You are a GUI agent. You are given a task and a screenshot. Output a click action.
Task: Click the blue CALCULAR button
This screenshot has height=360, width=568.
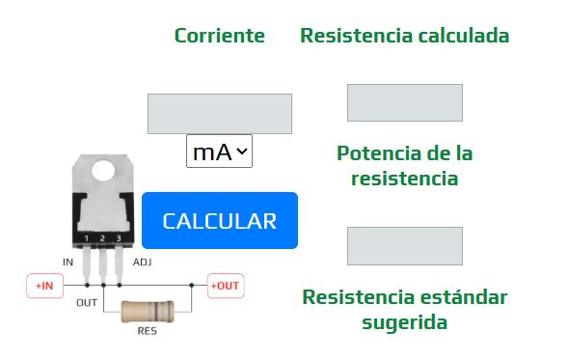pos(220,221)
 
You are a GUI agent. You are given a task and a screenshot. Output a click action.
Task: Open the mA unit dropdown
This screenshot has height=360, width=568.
pos(219,152)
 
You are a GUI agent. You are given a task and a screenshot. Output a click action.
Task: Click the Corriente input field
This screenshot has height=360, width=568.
pos(219,113)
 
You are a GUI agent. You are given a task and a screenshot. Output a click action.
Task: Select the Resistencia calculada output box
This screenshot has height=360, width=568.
pos(404,102)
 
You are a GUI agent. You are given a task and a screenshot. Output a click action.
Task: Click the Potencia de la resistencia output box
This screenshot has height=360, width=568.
pos(404,245)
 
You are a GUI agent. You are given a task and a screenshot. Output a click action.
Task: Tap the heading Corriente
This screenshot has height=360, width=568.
pos(219,36)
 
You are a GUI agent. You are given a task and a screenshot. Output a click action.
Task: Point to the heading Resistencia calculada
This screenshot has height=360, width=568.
pos(404,36)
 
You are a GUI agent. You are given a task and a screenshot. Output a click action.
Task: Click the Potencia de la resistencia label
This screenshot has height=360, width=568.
pos(404,165)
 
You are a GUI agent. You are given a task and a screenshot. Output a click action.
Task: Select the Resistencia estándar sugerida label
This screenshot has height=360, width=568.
pos(404,309)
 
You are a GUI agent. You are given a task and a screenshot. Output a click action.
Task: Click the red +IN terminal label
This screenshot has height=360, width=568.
pos(44,286)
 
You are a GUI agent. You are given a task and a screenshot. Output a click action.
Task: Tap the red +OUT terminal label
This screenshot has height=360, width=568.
pos(225,286)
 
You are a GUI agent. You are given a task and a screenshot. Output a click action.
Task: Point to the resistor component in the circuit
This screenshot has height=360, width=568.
pos(148,312)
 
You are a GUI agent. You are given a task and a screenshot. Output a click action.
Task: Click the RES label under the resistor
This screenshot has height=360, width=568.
pos(148,331)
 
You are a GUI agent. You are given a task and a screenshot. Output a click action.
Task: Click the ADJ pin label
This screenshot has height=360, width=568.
pos(142,262)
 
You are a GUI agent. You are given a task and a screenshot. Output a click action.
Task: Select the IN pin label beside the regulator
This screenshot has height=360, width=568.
pos(68,262)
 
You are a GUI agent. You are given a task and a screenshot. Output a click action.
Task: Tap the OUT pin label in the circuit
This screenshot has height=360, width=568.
pos(87,302)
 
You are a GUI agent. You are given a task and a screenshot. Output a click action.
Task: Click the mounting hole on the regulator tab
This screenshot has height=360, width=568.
pos(102,171)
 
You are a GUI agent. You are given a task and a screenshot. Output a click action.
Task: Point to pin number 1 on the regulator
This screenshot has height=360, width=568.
pos(87,237)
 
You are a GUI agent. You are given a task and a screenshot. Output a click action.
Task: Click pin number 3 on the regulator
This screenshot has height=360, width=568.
pos(118,237)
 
